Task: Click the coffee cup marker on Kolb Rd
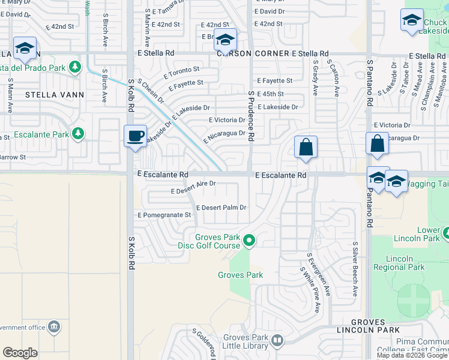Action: (x=135, y=135)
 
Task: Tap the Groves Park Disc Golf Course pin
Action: (x=249, y=241)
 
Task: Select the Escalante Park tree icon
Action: (x=77, y=133)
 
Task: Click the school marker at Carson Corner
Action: (x=225, y=41)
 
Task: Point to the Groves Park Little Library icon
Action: (x=277, y=341)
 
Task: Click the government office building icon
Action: (x=54, y=327)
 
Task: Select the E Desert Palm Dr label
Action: (x=221, y=208)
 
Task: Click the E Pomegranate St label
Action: (x=164, y=215)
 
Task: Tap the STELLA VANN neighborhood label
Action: (x=55, y=95)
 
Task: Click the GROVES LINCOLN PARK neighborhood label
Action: (x=376, y=326)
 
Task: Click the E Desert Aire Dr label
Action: (x=193, y=188)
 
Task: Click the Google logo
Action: (x=20, y=353)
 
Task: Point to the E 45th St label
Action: (x=270, y=94)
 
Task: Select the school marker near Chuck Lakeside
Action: (x=412, y=20)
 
